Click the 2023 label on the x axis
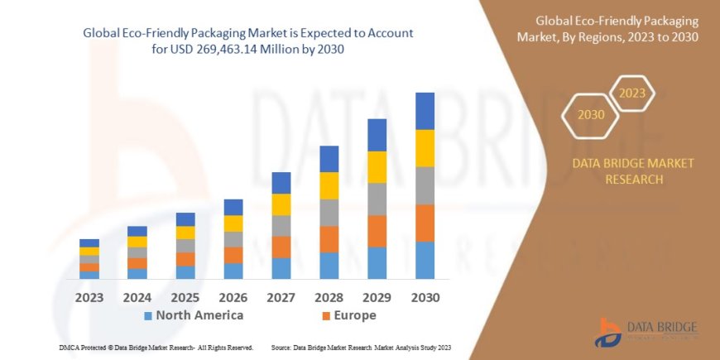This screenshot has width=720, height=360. (89, 297)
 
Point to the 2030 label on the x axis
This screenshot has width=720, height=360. (425, 297)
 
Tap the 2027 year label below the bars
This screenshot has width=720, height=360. (281, 297)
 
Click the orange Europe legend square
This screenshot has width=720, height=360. (326, 316)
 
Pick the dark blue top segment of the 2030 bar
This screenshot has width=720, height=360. (425, 111)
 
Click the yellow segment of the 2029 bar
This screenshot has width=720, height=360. (377, 167)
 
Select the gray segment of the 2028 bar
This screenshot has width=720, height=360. (329, 213)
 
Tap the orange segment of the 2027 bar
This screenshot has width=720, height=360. (281, 247)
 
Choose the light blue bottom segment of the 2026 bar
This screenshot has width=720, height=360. (233, 271)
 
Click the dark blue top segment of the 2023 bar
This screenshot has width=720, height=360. (89, 242)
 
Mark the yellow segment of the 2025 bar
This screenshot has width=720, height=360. (185, 233)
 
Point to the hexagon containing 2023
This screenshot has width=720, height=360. (631, 94)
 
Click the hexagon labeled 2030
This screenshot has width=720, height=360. (591, 115)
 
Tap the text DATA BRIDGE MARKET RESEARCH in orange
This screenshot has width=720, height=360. (633, 171)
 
